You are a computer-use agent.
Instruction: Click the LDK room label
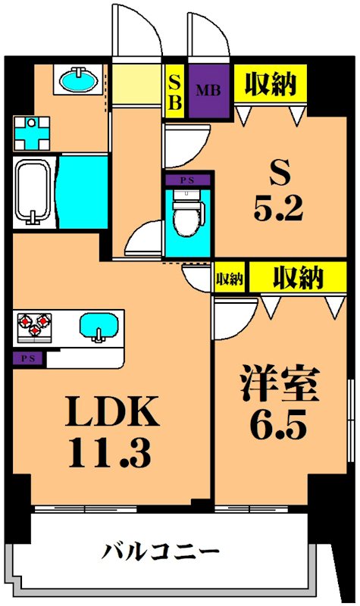coord(112,413)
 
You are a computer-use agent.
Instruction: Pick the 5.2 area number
coord(278,209)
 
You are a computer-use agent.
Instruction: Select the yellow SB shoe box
coord(174,92)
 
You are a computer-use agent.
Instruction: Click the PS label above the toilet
coord(184,180)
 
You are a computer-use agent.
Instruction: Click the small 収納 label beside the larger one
coord(230,278)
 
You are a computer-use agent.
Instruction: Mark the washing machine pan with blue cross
coord(32,134)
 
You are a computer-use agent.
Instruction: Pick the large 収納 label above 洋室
coord(299,277)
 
